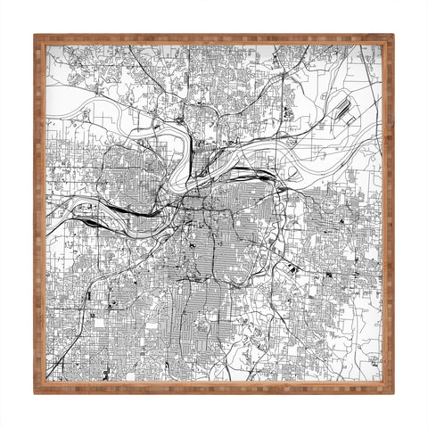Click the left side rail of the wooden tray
click(x=40, y=214)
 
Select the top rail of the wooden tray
click(x=214, y=40)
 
